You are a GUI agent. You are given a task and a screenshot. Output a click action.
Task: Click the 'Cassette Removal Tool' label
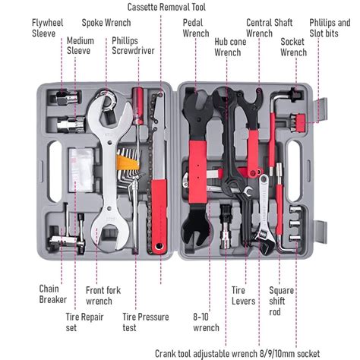pos(166,7)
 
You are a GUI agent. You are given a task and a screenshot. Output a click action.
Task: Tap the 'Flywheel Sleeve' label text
pos(47,28)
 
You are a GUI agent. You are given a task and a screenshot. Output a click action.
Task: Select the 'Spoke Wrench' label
pos(106,23)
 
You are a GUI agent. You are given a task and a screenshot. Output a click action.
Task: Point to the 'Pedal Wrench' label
pos(196,28)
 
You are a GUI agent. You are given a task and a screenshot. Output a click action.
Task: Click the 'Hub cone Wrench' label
pos(230,47)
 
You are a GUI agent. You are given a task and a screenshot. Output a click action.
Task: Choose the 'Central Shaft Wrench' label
pos(270,28)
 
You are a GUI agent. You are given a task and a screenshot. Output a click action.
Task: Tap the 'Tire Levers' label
pos(243,295)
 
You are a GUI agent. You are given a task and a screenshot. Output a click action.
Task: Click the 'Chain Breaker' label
pos(52,294)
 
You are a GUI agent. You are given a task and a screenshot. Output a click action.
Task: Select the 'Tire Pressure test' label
pos(146,322)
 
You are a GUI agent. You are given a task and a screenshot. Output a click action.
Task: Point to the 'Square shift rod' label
pos(281,301)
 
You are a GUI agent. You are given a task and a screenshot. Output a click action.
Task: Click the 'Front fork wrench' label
pos(103,295)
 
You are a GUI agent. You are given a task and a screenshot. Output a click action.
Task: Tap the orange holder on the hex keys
pos(128,163)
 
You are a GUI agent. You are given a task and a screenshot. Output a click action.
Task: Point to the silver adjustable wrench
pos(264,215)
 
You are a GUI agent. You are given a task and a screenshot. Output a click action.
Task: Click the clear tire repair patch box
pos(81,170)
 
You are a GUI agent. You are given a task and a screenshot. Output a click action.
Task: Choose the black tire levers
pos(245,217)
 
